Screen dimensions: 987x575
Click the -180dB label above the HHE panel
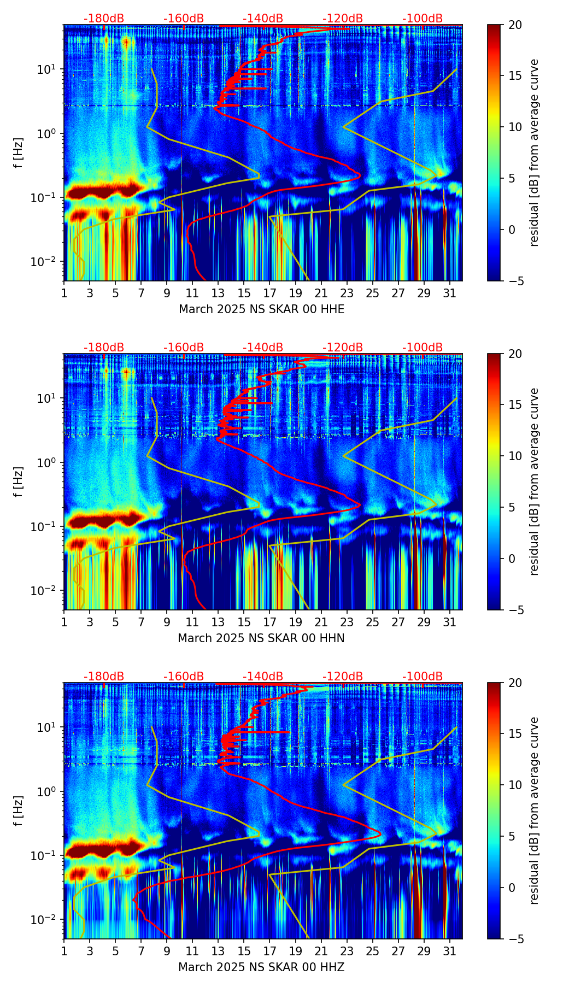click(104, 19)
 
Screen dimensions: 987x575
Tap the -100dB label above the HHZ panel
click(423, 677)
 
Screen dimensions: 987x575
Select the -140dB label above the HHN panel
click(263, 348)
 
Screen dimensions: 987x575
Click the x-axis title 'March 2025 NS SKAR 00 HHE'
click(261, 309)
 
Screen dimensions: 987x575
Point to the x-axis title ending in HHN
click(261, 638)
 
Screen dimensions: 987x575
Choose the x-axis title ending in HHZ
click(261, 967)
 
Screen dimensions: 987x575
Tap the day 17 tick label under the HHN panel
click(270, 623)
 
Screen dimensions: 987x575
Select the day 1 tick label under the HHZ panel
click(64, 952)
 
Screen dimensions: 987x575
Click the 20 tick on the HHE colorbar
click(515, 25)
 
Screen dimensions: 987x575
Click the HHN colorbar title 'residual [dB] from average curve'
click(535, 481)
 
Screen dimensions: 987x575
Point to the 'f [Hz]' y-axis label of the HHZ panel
click(19, 810)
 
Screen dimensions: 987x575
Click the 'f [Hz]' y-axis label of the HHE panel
click(19, 152)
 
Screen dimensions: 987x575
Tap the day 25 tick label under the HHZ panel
click(373, 952)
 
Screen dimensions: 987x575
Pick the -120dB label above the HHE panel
click(343, 19)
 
